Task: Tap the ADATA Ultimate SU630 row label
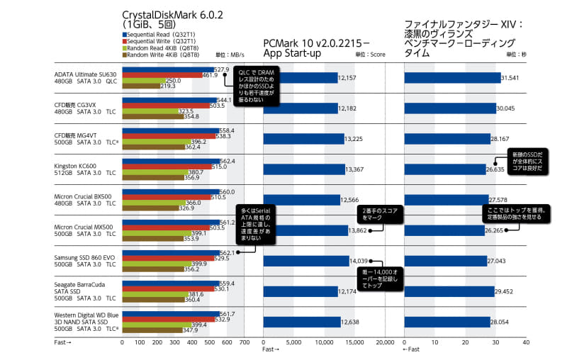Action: coord(85,74)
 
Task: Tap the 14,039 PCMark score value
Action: coord(362,261)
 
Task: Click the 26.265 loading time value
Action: coord(495,230)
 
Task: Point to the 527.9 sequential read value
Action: coord(222,69)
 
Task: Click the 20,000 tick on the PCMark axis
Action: coord(384,342)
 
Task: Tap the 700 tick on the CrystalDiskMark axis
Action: coord(244,342)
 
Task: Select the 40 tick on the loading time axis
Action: coord(525,342)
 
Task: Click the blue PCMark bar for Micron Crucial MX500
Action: coord(305,230)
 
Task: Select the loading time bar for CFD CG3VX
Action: coord(449,108)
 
